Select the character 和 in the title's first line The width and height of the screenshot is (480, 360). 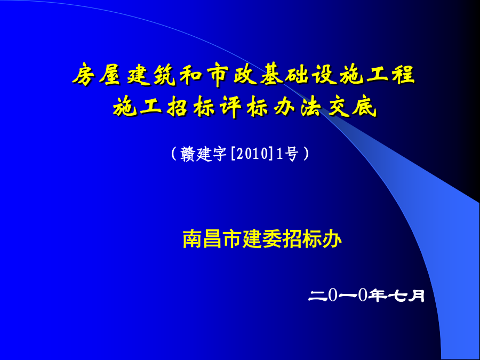[190, 74]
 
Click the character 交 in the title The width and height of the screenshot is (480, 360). [338, 107]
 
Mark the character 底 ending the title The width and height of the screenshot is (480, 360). [365, 107]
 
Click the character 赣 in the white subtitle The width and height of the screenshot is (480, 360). [188, 154]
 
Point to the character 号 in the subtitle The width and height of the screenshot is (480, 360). [291, 154]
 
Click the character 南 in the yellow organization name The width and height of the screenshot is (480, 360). [193, 239]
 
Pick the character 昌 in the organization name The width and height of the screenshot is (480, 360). [212, 239]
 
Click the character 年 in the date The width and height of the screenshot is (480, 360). [377, 295]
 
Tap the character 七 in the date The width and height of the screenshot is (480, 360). [397, 295]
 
